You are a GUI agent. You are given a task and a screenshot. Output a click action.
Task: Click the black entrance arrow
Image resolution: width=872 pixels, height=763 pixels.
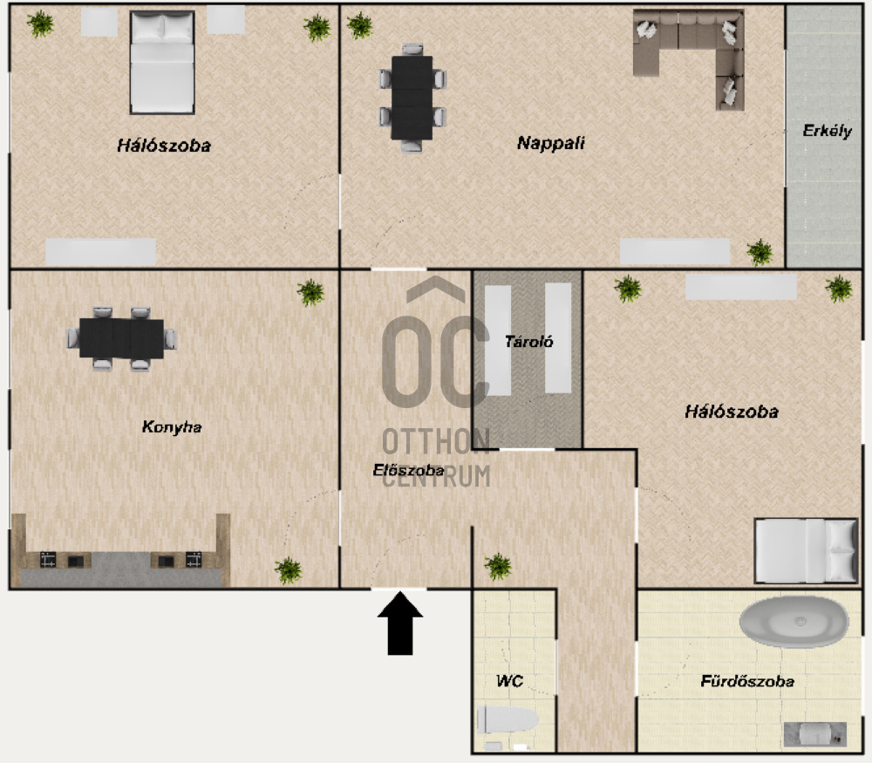click(400, 623)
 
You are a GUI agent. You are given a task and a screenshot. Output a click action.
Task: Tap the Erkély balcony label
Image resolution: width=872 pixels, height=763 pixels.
click(827, 132)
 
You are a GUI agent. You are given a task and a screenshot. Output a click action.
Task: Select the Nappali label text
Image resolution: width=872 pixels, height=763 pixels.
click(550, 143)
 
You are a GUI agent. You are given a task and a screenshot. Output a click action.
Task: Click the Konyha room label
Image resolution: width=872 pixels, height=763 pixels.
click(172, 426)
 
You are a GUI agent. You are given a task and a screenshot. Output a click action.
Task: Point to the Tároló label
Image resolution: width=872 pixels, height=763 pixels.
click(529, 342)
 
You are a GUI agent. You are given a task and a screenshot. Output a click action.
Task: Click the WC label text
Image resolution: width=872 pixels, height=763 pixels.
click(509, 681)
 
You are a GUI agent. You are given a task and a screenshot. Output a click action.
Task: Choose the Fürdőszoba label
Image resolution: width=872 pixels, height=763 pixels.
click(747, 681)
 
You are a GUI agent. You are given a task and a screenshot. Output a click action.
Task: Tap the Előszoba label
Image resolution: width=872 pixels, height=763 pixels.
click(408, 470)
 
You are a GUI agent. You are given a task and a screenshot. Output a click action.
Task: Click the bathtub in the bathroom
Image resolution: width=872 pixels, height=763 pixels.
click(794, 623)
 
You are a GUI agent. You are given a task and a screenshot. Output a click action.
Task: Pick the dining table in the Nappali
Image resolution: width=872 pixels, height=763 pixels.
click(412, 98)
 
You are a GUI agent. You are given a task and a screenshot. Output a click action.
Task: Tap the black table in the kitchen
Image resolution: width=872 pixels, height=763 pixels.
click(122, 338)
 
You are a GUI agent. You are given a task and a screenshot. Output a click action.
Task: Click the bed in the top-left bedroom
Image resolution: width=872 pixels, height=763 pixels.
click(162, 62)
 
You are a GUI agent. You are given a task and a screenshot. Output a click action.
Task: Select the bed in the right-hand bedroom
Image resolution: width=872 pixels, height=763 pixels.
click(806, 550)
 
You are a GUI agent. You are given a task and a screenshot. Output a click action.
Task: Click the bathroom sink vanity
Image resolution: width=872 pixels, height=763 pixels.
click(815, 734)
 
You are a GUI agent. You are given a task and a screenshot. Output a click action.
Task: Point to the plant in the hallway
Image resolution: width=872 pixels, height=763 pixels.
click(498, 566)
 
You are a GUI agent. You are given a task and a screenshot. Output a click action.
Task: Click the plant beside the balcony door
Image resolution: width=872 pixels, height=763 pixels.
click(760, 252)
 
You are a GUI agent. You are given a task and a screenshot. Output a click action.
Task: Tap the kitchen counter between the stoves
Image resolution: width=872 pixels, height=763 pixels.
click(121, 569)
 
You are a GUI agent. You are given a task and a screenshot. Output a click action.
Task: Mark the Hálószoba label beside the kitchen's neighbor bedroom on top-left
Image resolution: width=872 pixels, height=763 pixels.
click(164, 146)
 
